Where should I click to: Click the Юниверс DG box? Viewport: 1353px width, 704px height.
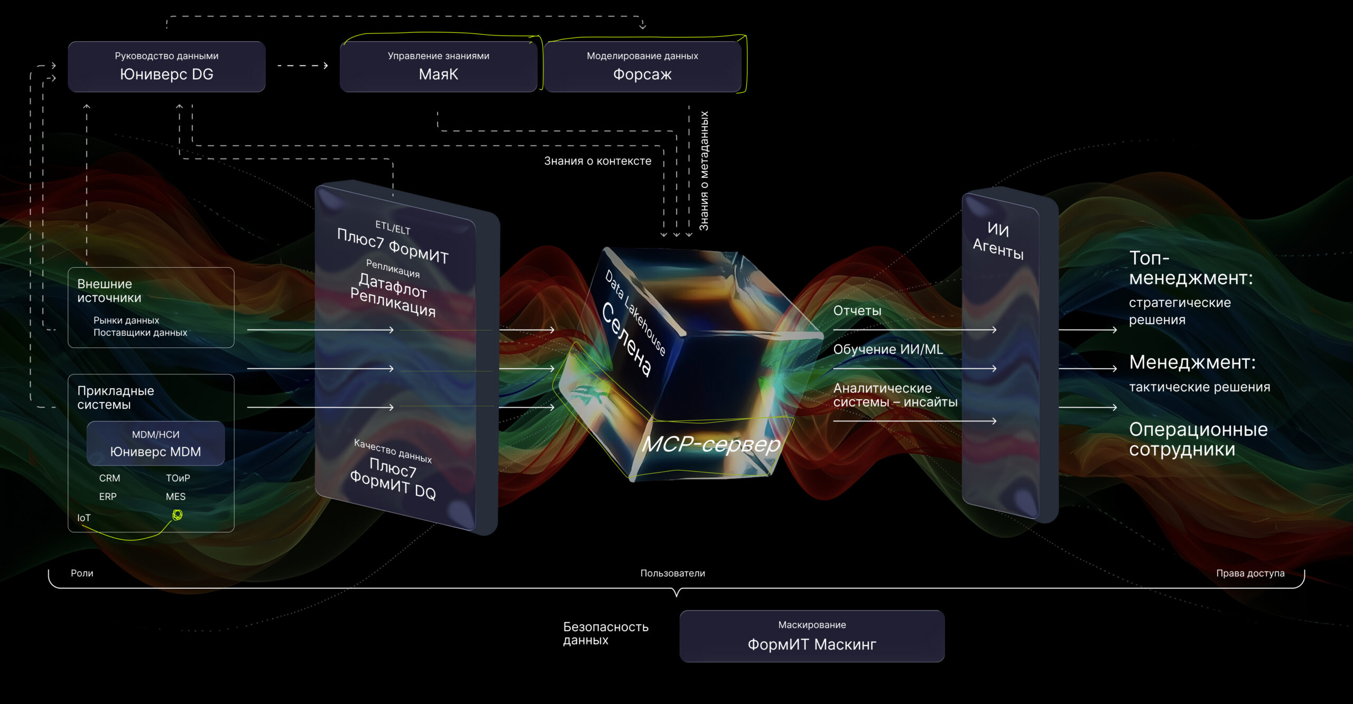coord(166,67)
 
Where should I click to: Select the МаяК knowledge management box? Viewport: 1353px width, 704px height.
coord(438,67)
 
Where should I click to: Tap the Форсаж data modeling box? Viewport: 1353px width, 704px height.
coord(642,67)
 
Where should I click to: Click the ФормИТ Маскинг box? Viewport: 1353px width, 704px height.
coord(812,636)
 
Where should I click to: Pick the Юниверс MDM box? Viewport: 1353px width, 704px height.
coord(155,444)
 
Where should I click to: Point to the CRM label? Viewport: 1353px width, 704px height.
coord(109,478)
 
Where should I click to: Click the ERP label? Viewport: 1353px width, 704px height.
coord(108,496)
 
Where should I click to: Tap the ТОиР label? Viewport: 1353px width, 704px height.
coord(178,478)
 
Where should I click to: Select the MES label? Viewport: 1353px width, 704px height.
coord(175,496)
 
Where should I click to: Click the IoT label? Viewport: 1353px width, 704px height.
coord(84,518)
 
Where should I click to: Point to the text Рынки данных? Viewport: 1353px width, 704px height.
coord(126,320)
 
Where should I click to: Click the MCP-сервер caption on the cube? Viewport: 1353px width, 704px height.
coord(711,444)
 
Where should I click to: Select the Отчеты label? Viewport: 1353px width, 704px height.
coord(857,311)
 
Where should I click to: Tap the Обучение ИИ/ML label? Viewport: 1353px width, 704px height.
coord(888,349)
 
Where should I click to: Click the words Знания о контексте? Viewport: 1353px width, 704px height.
coord(598,161)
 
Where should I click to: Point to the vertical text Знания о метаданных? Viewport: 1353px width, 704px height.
coord(704,171)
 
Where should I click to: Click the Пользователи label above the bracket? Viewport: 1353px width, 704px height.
coord(673,573)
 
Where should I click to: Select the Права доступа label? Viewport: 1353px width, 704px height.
coord(1250,573)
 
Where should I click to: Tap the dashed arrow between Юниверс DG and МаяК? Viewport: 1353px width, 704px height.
coord(303,65)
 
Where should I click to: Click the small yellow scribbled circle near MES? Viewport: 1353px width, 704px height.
coord(178,514)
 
